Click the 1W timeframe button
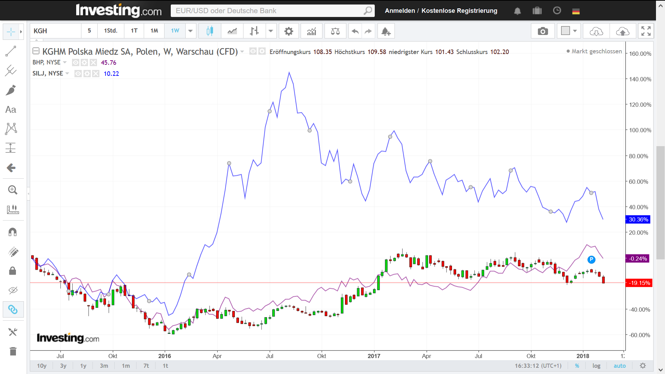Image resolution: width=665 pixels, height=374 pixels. tap(175, 31)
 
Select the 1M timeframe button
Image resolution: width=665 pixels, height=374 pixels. tap(154, 31)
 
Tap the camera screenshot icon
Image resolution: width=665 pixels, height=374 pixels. tap(543, 31)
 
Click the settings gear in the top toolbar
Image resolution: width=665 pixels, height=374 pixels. tap(289, 31)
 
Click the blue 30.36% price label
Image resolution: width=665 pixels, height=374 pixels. tap(638, 220)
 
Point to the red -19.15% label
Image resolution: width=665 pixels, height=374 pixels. tap(639, 283)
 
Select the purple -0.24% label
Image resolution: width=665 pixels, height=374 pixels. tap(638, 259)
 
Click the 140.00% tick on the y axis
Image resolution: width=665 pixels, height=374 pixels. tap(640, 79)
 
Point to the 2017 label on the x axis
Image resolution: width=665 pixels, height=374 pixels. tap(374, 356)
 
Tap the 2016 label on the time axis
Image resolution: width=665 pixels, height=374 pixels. tap(165, 356)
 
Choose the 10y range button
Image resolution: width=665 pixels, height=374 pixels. tap(42, 366)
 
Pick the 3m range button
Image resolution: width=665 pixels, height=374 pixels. tap(104, 366)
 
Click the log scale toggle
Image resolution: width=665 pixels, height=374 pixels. tap(596, 366)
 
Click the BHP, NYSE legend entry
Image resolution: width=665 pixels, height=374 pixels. tap(46, 62)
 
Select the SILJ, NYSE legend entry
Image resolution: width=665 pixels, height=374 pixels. tap(48, 73)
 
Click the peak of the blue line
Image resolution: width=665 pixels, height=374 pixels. tap(289, 72)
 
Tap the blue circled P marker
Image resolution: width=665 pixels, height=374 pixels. tap(591, 259)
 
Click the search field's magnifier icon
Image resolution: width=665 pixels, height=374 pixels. tap(367, 11)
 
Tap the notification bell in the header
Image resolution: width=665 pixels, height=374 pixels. tap(517, 11)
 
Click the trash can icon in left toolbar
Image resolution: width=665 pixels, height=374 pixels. tap(13, 351)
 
